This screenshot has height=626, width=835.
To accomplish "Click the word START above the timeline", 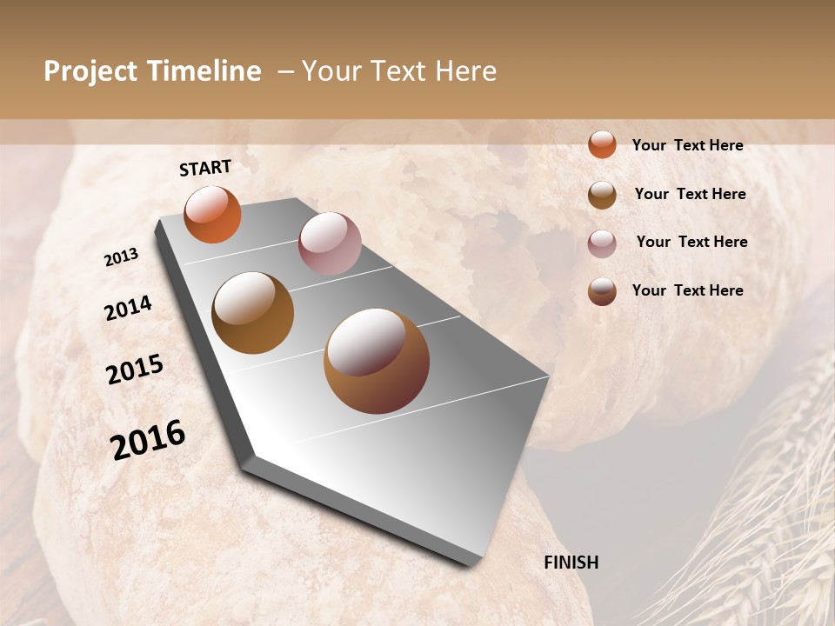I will click(205, 167).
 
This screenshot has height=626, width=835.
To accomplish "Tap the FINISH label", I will click(571, 563).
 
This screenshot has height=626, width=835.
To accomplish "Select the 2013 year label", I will click(121, 256).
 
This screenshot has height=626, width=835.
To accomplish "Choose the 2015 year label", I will click(135, 370).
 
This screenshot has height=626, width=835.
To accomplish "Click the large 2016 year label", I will click(148, 439).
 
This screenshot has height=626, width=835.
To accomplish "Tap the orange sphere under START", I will click(212, 215).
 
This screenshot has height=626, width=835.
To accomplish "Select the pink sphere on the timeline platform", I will click(330, 243).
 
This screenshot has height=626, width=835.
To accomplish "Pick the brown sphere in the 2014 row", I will click(252, 313).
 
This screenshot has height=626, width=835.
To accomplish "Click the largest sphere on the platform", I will click(377, 361).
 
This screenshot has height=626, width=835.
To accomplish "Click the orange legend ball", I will click(602, 144).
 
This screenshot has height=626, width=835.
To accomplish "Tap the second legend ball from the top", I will click(602, 195).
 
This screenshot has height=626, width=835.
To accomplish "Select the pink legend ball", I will click(602, 243).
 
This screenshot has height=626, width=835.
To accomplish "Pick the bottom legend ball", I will click(602, 292).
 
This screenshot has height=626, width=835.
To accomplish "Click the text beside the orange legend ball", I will click(687, 145).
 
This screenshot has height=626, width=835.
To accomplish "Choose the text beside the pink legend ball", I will click(691, 242).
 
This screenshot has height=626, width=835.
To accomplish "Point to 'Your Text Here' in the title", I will click(399, 71).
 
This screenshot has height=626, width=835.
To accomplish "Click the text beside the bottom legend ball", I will click(687, 290).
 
